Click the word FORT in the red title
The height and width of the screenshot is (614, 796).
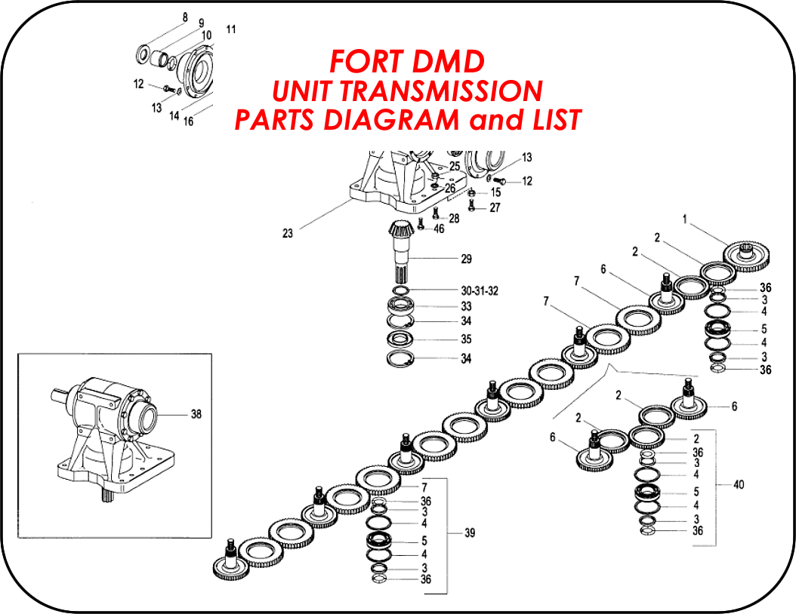point(367,61)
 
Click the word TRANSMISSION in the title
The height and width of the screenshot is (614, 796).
point(441,91)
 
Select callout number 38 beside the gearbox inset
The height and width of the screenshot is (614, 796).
point(196,414)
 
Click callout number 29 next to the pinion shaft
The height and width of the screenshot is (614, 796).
point(466,259)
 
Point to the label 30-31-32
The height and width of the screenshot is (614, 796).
point(480,291)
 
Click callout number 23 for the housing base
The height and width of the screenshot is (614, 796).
point(288,233)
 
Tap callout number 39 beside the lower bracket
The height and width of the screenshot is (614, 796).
point(470,533)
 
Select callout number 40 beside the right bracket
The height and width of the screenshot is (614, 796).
point(739,485)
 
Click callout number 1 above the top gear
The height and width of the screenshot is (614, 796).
point(685,220)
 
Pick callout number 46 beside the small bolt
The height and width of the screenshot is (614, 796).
point(439,229)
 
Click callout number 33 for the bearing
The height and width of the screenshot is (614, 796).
point(466,306)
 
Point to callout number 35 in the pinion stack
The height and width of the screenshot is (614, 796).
point(466,339)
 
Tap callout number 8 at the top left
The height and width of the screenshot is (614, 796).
point(185,18)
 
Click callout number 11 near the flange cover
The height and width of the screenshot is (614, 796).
point(231,29)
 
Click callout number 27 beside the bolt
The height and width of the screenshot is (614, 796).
point(495,207)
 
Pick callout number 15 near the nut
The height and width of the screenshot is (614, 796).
point(495,192)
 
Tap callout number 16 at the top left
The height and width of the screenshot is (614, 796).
point(188,121)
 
